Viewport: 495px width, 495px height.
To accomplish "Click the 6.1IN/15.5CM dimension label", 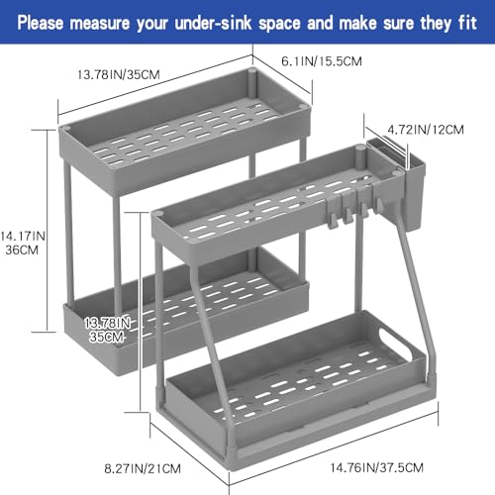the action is [x=322, y=61].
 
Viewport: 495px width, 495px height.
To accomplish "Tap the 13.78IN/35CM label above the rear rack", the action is [x=118, y=74].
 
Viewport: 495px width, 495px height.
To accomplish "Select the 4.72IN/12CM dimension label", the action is [x=426, y=130].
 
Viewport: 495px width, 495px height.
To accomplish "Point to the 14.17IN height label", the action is [x=23, y=237].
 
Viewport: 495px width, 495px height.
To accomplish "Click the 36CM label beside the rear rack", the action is [x=22, y=250].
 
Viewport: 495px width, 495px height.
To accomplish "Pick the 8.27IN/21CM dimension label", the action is [x=143, y=469].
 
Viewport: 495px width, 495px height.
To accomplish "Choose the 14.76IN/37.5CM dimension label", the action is [x=377, y=468].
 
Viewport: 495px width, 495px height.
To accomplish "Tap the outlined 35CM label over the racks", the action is [x=107, y=337].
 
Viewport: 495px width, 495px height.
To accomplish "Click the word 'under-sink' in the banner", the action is [x=213, y=23].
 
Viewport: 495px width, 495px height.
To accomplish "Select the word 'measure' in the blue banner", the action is [x=100, y=24].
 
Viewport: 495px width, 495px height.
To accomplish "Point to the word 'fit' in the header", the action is [x=467, y=23].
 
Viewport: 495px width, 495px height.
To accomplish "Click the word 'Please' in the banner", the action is [x=41, y=23].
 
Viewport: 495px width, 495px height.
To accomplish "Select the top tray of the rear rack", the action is [x=185, y=131].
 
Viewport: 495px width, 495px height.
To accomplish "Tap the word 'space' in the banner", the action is [x=279, y=24].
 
